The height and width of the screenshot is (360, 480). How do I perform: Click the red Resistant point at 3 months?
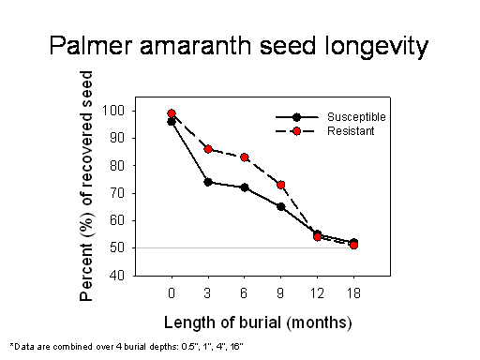click(208, 149)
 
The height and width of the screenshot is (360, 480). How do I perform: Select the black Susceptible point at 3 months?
click(208, 182)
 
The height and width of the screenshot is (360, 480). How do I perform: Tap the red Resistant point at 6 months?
click(245, 157)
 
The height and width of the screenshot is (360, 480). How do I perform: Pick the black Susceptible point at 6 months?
click(245, 187)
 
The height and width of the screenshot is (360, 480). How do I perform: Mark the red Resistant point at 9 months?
click(281, 185)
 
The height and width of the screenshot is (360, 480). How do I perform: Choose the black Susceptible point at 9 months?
click(281, 206)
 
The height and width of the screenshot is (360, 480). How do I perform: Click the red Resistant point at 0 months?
click(172, 113)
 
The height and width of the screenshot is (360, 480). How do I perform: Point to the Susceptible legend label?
click(356, 117)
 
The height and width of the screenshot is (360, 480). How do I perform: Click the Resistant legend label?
click(351, 131)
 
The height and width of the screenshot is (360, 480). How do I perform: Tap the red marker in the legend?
click(296, 131)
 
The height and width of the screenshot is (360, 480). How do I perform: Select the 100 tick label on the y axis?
click(113, 111)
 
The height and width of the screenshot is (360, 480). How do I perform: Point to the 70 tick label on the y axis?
click(117, 193)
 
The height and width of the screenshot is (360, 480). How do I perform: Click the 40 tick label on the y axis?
click(117, 276)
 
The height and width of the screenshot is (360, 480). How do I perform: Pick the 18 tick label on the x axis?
click(353, 293)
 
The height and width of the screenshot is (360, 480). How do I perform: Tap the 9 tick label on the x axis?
click(280, 293)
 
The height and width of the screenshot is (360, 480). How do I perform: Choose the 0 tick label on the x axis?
click(172, 293)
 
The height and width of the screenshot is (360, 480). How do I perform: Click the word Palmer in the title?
click(91, 46)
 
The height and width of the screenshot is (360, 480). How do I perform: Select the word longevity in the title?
click(376, 47)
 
